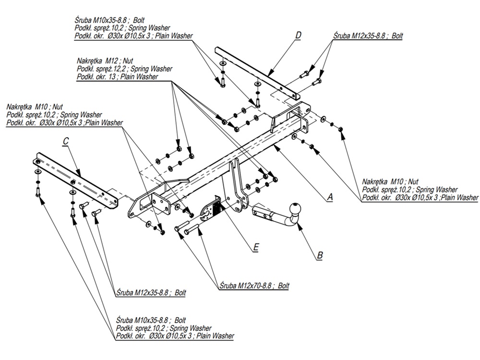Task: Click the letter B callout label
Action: coord(320,255)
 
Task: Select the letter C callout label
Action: coord(66,141)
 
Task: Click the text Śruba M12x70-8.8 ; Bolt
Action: coord(254,285)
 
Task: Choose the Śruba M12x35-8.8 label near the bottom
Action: coord(151,292)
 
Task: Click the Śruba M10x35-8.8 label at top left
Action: coord(109,21)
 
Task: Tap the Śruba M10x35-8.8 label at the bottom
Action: coord(151,320)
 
